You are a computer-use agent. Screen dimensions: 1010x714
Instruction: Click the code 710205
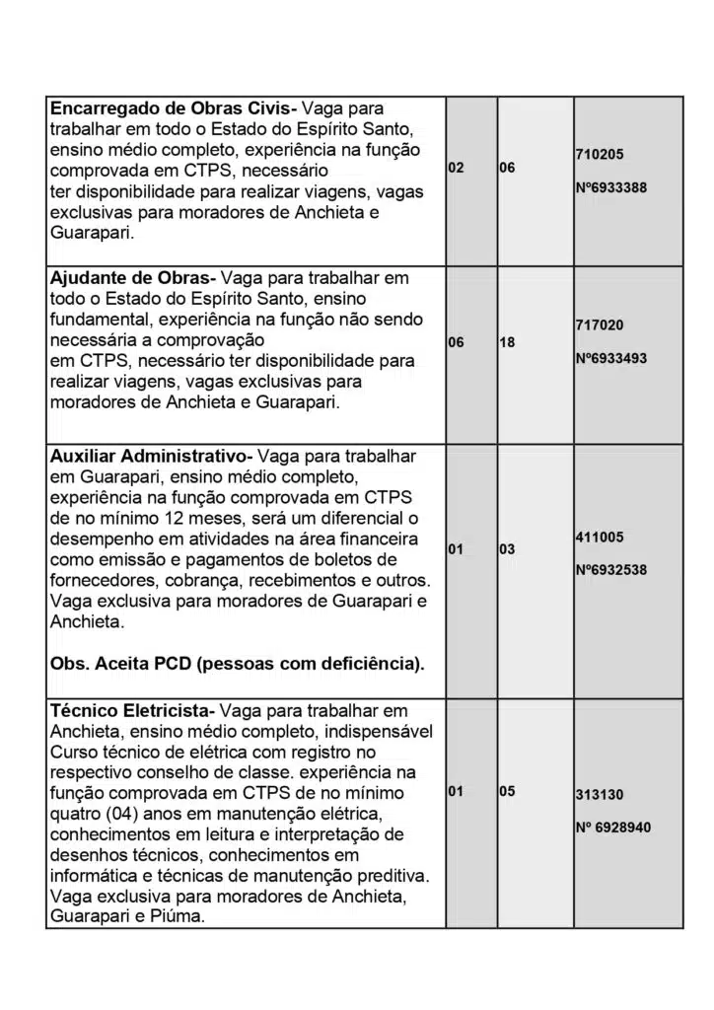coord(599,155)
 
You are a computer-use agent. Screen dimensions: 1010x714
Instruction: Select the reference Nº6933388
coord(610,187)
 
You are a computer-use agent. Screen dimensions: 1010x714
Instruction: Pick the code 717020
coord(599,325)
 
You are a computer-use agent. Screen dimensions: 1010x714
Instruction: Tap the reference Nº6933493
coord(610,358)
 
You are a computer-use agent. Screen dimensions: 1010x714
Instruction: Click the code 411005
coord(599,538)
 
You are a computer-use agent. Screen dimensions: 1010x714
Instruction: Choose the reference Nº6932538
coord(610,570)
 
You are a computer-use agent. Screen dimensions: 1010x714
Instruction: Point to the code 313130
coord(599,794)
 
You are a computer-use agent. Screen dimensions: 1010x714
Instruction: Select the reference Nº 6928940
coord(612,828)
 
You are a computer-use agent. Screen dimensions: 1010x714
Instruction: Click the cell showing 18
coord(507,341)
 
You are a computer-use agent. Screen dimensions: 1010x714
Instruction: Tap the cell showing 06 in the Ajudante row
coord(456,341)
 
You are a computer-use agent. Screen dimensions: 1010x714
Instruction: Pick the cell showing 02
coord(456,169)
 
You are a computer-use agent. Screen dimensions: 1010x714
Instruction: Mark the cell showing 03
coord(507,548)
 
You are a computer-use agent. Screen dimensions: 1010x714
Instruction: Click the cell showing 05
coord(507,790)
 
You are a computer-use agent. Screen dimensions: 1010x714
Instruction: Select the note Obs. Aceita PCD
coord(237,664)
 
